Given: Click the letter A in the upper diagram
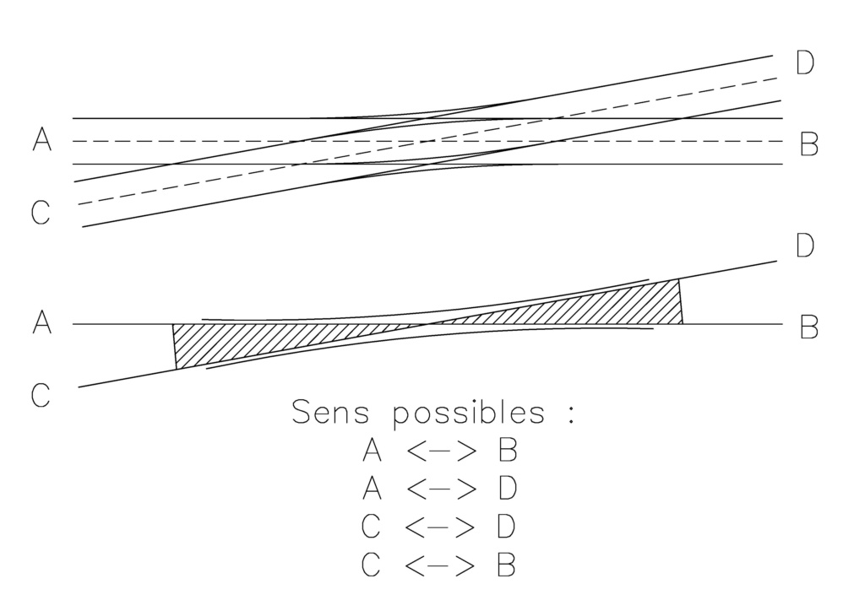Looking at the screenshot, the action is pyautogui.click(x=42, y=139).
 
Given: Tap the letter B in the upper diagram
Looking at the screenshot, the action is pyautogui.click(x=808, y=143).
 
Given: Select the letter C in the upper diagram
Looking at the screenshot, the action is pyautogui.click(x=41, y=212).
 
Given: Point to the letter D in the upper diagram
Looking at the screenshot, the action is pyautogui.click(x=805, y=62).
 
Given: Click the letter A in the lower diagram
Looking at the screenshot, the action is pyautogui.click(x=42, y=322).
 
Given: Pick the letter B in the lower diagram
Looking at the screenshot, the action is pyautogui.click(x=808, y=327).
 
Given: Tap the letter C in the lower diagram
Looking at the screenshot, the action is pyautogui.click(x=41, y=395).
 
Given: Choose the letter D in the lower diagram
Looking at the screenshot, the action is pyautogui.click(x=805, y=246).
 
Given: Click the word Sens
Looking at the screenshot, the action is pyautogui.click(x=330, y=412).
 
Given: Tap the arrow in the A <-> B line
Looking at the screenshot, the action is pyautogui.click(x=441, y=451).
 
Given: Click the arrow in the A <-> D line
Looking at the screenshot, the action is pyautogui.click(x=441, y=489).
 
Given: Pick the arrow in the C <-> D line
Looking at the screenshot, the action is pyautogui.click(x=439, y=527).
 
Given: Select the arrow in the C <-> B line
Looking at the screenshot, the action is pyautogui.click(x=439, y=565).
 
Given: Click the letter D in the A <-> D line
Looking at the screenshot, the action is pyautogui.click(x=507, y=488).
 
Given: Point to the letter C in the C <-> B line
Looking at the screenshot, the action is pyautogui.click(x=371, y=565).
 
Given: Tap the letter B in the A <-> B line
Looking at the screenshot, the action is pyautogui.click(x=507, y=450).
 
